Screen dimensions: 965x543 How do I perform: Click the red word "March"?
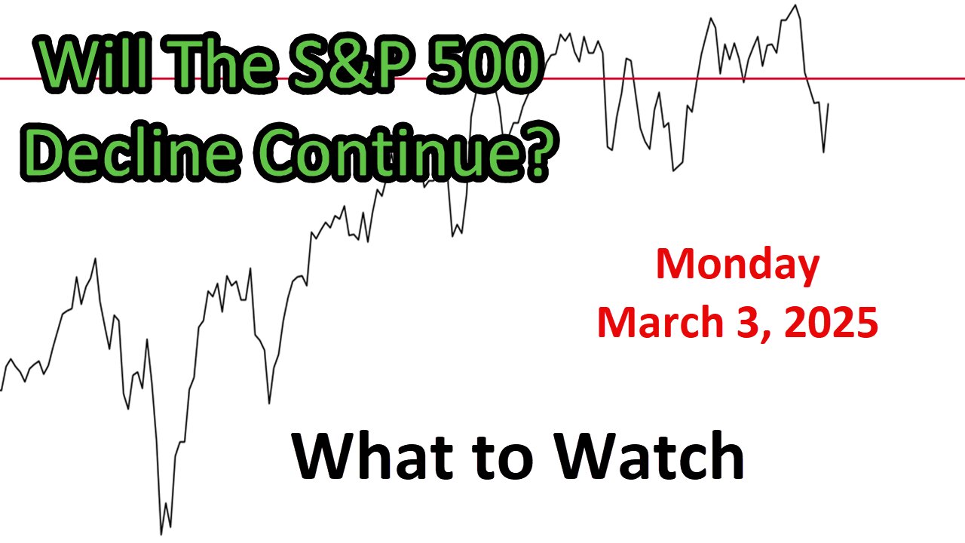pos(660,322)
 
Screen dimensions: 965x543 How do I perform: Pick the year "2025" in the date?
pos(831,322)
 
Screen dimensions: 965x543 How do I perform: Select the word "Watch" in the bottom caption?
pos(648,456)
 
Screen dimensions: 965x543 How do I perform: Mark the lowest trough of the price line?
pos(161,535)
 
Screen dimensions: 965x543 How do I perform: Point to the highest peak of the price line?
pos(795,5)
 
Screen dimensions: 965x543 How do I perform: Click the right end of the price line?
pos(829,103)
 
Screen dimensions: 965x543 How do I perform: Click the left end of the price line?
pos(2,391)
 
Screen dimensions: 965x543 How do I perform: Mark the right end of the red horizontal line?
pos(964,79)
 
